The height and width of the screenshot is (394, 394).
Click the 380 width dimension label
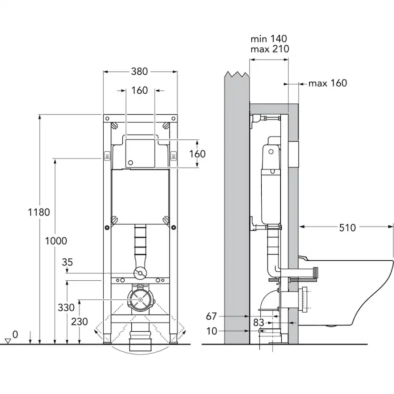(139, 71)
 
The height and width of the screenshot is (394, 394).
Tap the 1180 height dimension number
(39, 212)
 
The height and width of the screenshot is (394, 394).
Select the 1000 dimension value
(56, 241)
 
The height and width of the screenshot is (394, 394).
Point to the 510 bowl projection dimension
(347, 227)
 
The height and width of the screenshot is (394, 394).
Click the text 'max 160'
(328, 83)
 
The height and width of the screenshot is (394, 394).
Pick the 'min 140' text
(268, 39)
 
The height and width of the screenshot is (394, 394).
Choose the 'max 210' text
(270, 49)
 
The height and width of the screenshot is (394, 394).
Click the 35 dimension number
(68, 262)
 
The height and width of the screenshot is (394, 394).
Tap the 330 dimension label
(66, 307)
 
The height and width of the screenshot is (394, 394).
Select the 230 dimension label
(79, 322)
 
